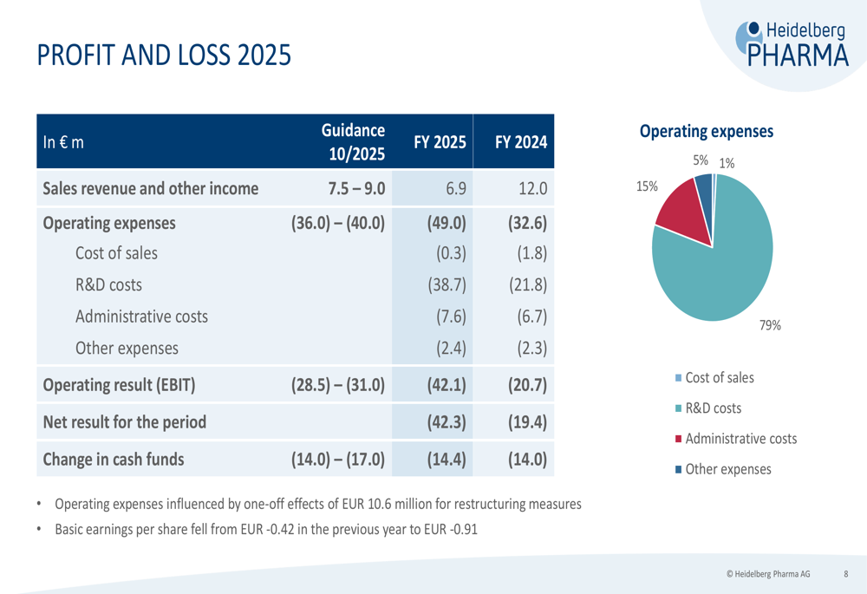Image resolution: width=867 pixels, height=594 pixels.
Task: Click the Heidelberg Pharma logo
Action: [792, 43]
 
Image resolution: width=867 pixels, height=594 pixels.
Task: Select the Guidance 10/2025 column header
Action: [353, 141]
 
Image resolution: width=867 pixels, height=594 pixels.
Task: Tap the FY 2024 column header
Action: [521, 142]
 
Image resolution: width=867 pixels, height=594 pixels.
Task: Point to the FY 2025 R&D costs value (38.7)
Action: [448, 284]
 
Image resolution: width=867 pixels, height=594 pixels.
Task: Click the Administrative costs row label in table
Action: [141, 317]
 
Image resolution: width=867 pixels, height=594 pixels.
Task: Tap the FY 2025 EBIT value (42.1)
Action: [447, 384]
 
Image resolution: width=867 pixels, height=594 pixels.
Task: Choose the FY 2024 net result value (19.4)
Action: [525, 423]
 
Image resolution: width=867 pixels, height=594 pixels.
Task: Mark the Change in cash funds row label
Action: [114, 460]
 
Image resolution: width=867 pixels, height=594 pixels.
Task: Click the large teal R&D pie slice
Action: [720, 269]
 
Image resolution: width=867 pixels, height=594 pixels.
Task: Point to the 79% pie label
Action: [770, 325]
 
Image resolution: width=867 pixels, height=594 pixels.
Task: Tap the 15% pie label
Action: [647, 186]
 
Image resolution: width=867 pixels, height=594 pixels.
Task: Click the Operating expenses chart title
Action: [706, 132]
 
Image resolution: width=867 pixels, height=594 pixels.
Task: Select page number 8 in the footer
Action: [846, 573]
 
